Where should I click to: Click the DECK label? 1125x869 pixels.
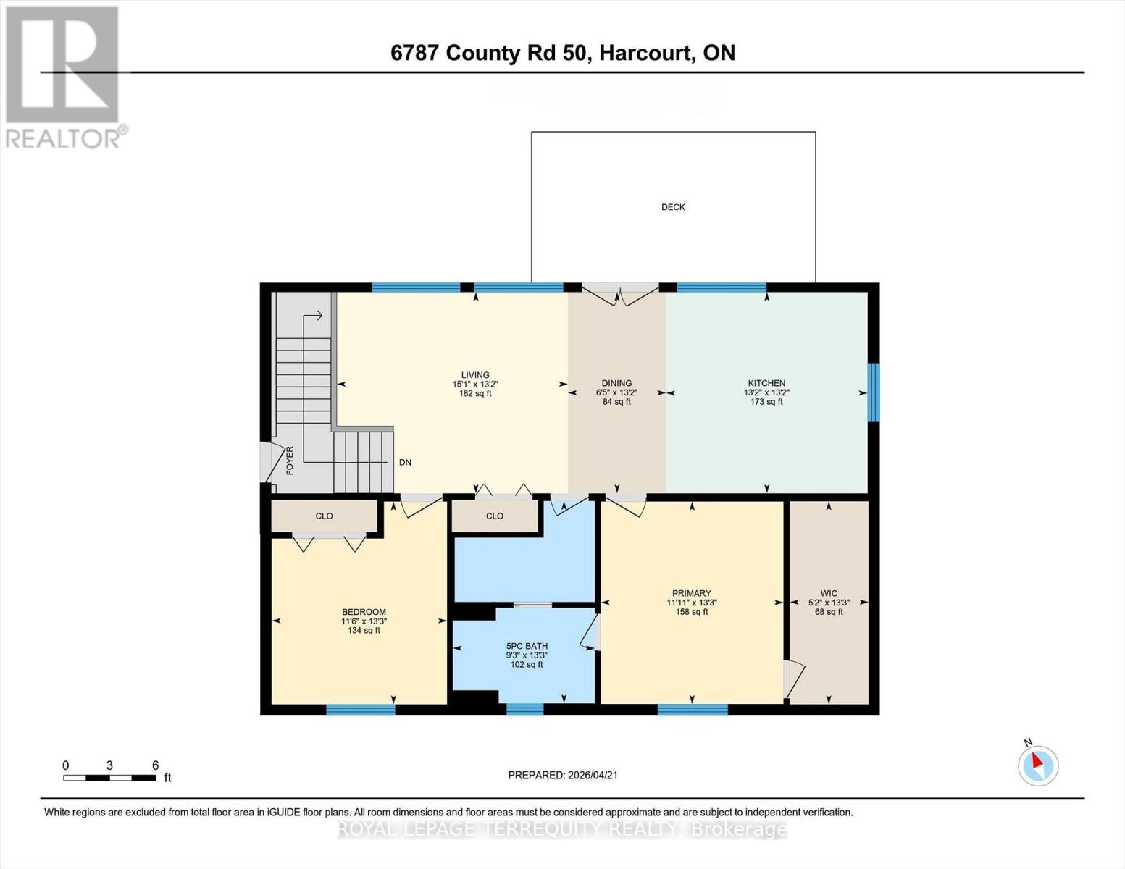click(673, 207)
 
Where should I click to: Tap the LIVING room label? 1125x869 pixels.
click(475, 375)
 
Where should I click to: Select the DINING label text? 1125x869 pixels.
click(616, 383)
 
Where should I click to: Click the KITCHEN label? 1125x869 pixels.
click(766, 383)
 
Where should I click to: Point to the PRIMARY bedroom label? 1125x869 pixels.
click(691, 593)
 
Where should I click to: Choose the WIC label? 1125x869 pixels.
click(829, 593)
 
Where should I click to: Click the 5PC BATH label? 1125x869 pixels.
click(527, 646)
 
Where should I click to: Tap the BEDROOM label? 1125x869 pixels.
click(364, 612)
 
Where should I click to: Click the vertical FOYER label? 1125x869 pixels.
click(290, 461)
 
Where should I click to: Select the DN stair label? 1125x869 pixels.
click(405, 462)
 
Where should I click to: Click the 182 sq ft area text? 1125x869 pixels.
click(475, 394)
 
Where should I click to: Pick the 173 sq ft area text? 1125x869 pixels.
click(766, 402)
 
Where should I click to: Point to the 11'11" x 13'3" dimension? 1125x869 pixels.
click(692, 603)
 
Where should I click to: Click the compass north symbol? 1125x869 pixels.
click(1038, 765)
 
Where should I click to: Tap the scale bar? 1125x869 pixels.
click(109, 778)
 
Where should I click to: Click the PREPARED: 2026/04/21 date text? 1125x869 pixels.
click(563, 775)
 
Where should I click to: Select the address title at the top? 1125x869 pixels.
click(562, 53)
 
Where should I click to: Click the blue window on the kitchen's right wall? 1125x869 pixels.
click(874, 392)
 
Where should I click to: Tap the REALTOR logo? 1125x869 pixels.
click(64, 76)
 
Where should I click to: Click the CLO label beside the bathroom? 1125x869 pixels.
click(495, 516)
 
